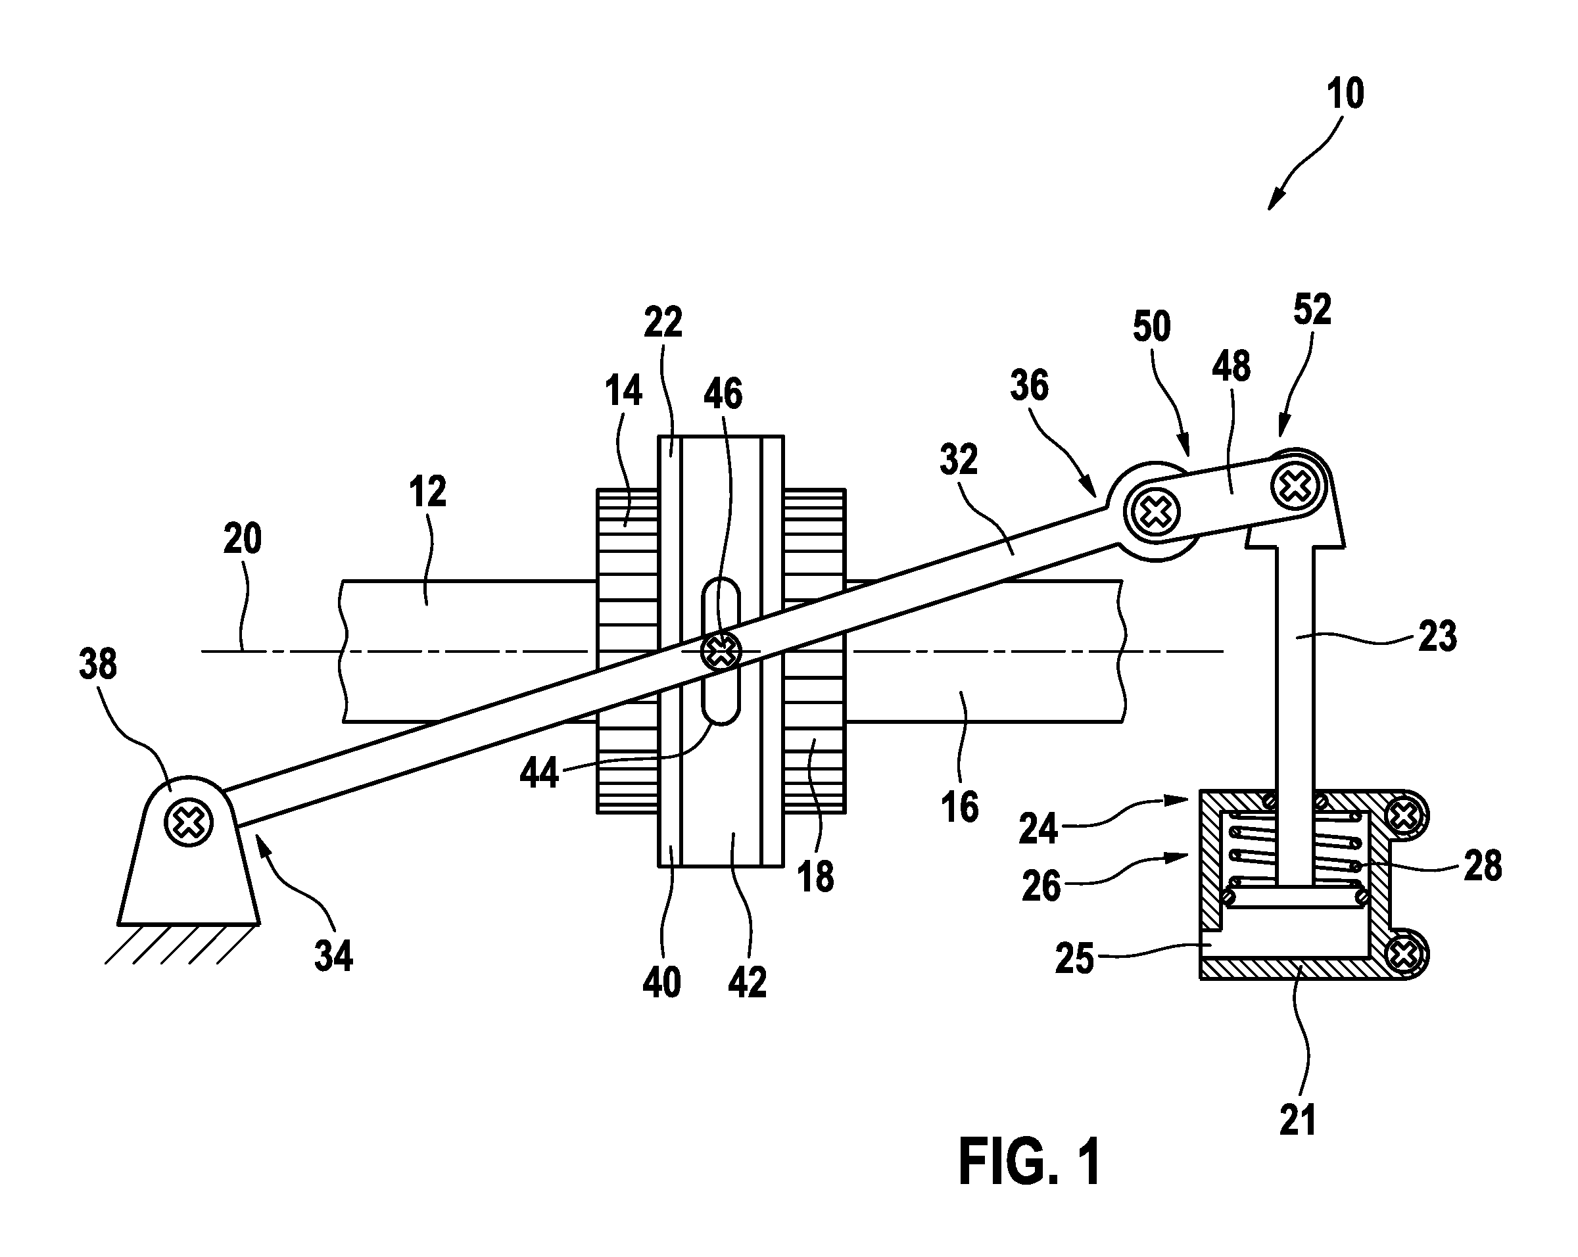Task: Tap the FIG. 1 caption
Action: coord(1030,1162)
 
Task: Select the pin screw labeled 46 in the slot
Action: coord(721,650)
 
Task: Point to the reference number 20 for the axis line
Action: coord(242,539)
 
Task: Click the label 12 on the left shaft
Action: coord(427,492)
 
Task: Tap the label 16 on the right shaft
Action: coord(959,807)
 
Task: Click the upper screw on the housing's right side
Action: coord(1404,815)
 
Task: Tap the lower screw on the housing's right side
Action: coord(1404,953)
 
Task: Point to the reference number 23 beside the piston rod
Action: coord(1437,636)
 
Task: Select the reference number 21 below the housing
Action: coord(1298,1120)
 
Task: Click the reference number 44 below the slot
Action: coord(539,772)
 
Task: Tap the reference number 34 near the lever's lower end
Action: coord(334,955)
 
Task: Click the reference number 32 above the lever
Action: coord(959,460)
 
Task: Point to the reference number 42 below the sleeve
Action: coord(748,983)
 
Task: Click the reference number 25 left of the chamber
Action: coord(1074,959)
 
